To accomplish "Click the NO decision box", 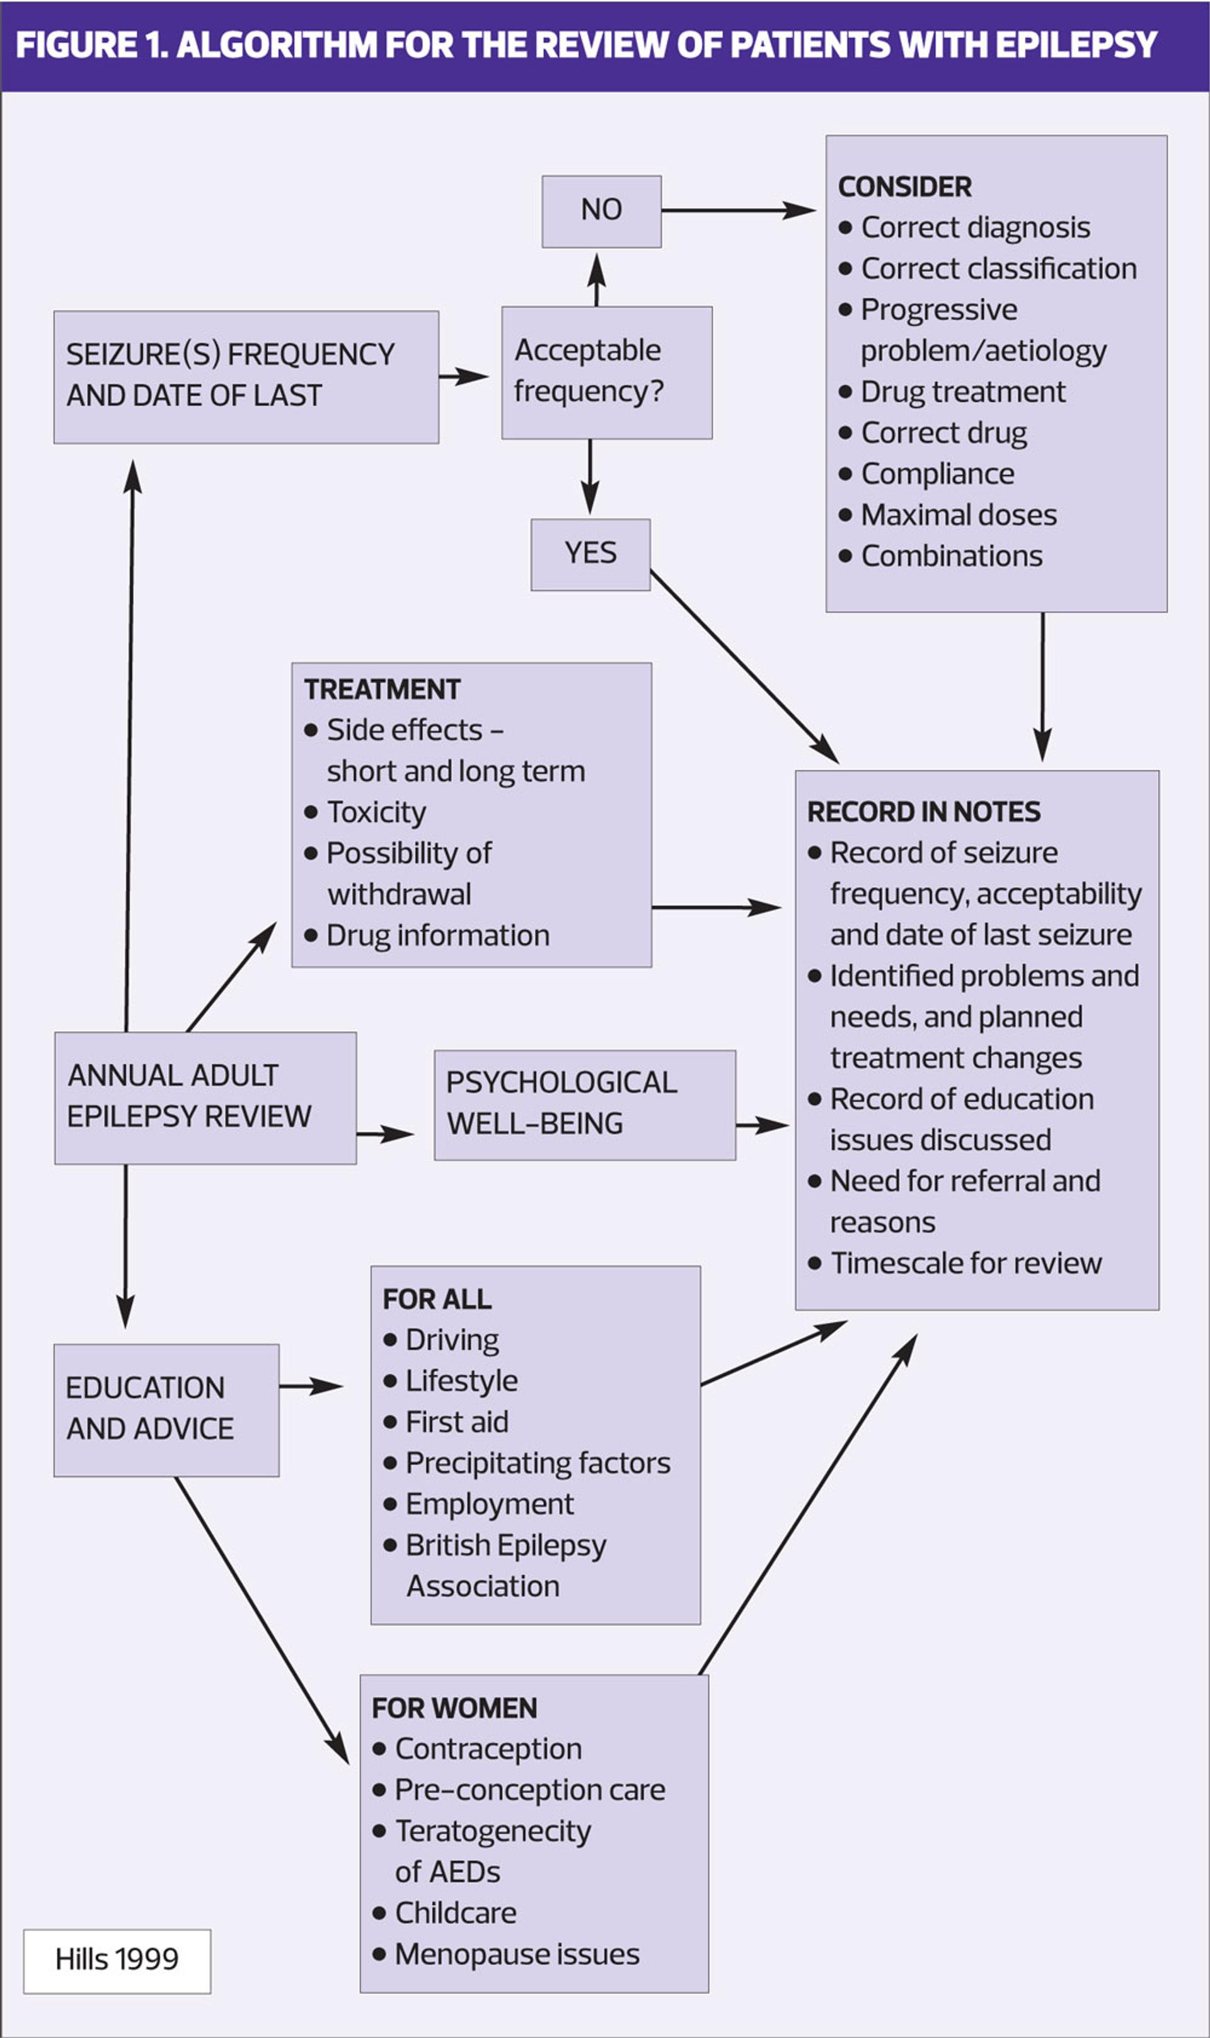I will (x=602, y=211).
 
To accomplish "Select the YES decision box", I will (x=591, y=553).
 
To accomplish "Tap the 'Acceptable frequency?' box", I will (x=607, y=373).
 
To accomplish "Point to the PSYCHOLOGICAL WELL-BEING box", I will (x=585, y=1104).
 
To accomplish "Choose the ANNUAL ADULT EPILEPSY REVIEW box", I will (x=205, y=1097).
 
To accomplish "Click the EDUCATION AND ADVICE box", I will (x=166, y=1410).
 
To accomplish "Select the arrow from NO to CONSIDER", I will (x=738, y=211).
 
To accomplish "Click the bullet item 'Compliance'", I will (x=938, y=474).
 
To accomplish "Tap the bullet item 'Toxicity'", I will (x=376, y=813).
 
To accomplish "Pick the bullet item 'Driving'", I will (x=452, y=1340).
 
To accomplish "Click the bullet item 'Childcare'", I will (x=455, y=1913).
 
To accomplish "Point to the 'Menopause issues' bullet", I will (x=517, y=1954).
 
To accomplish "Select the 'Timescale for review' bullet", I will (x=965, y=1263).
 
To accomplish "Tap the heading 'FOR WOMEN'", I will (x=454, y=1708).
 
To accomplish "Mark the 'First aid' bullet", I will (x=457, y=1422).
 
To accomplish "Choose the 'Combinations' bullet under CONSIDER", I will (x=952, y=556).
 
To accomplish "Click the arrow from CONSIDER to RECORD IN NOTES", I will (x=1042, y=686).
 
